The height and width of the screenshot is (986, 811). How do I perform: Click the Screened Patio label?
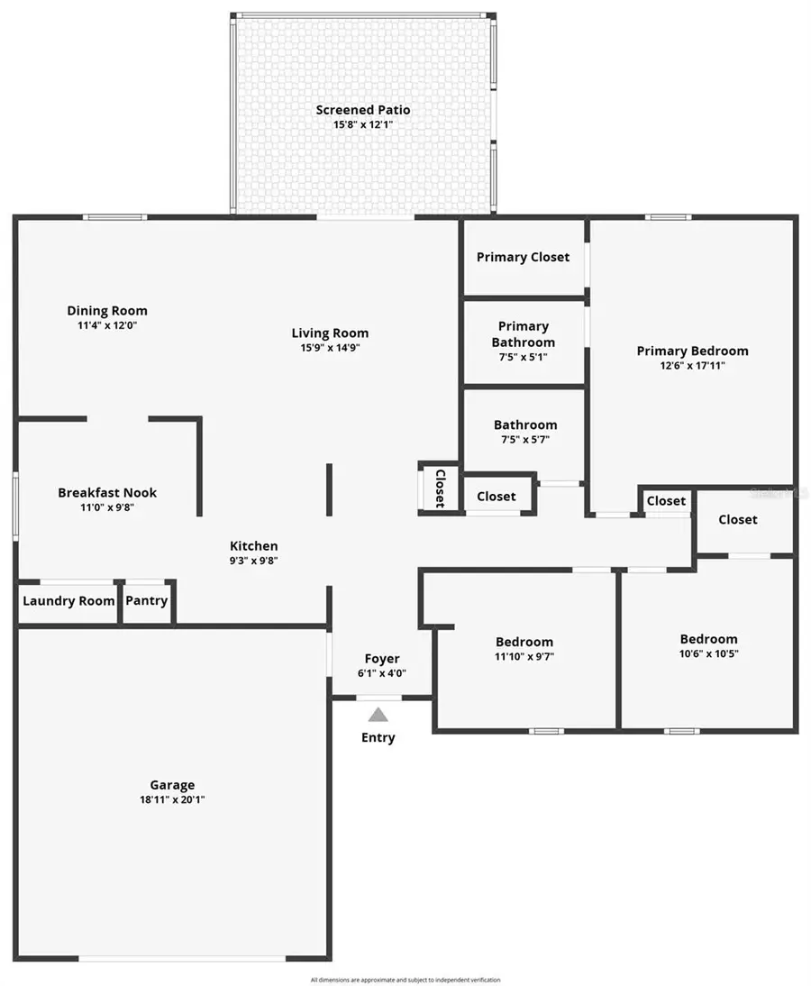362,110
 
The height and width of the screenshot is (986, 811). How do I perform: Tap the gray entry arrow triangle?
378,715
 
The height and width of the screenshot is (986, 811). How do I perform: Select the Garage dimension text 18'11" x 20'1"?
172,799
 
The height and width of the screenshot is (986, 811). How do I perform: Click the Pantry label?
146,600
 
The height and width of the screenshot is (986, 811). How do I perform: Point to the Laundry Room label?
68,600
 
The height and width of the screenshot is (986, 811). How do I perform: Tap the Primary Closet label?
523,257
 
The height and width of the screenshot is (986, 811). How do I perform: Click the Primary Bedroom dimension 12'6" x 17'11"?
692,366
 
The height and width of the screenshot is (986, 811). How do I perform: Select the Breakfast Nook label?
107,492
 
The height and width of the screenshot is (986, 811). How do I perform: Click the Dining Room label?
107,311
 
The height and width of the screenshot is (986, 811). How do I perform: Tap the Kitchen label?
254,545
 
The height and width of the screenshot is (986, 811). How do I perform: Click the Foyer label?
382,659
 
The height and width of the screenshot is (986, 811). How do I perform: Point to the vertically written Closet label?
441,488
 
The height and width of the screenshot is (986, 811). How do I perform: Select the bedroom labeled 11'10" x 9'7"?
524,649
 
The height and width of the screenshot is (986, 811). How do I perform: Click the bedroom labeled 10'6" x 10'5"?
708,646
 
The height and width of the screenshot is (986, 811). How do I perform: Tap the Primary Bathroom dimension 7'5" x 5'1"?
523,357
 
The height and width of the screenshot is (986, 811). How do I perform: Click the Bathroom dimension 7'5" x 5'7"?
524,440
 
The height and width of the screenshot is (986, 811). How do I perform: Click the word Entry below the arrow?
378,737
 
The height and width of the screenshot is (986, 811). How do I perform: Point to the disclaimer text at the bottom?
405,980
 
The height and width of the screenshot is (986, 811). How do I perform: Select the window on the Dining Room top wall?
114,216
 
